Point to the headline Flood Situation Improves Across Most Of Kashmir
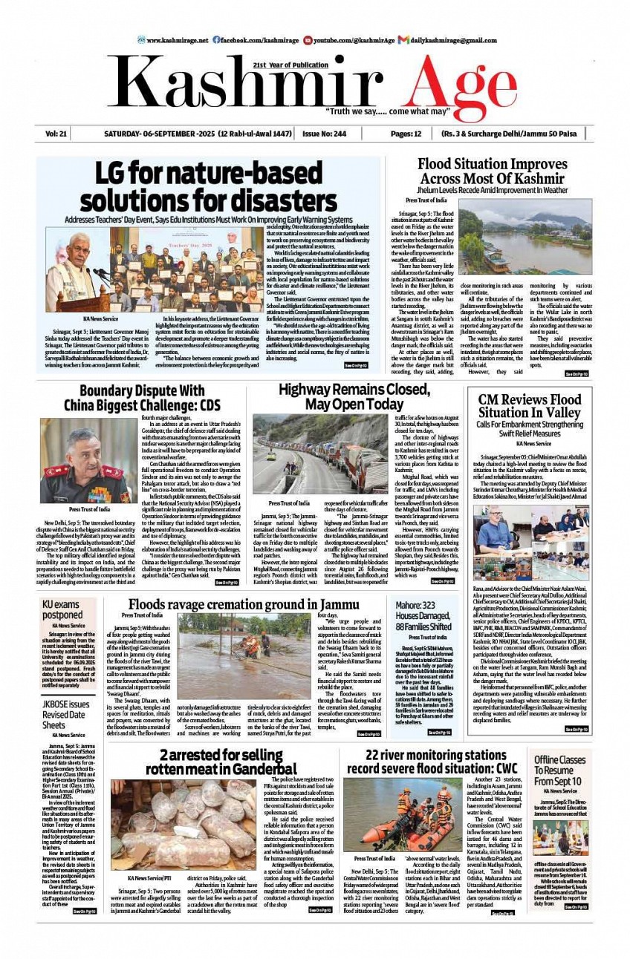[493, 171]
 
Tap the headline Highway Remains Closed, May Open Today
[341, 397]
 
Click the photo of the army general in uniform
[88, 462]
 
